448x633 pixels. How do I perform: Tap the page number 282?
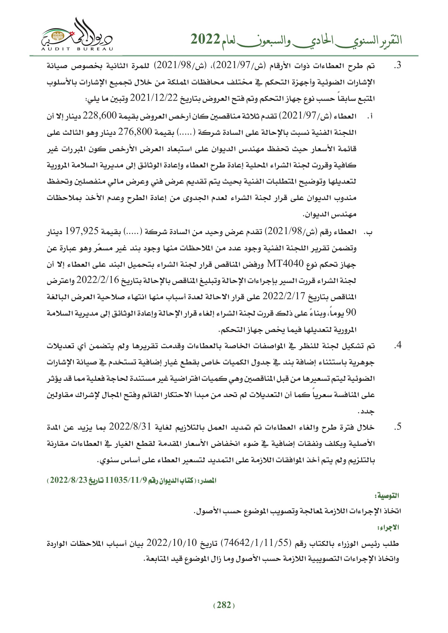point(224,605)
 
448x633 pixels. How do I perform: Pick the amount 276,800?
point(135,132)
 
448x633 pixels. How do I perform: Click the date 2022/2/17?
point(284,296)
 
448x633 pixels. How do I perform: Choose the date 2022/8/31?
point(130,427)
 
